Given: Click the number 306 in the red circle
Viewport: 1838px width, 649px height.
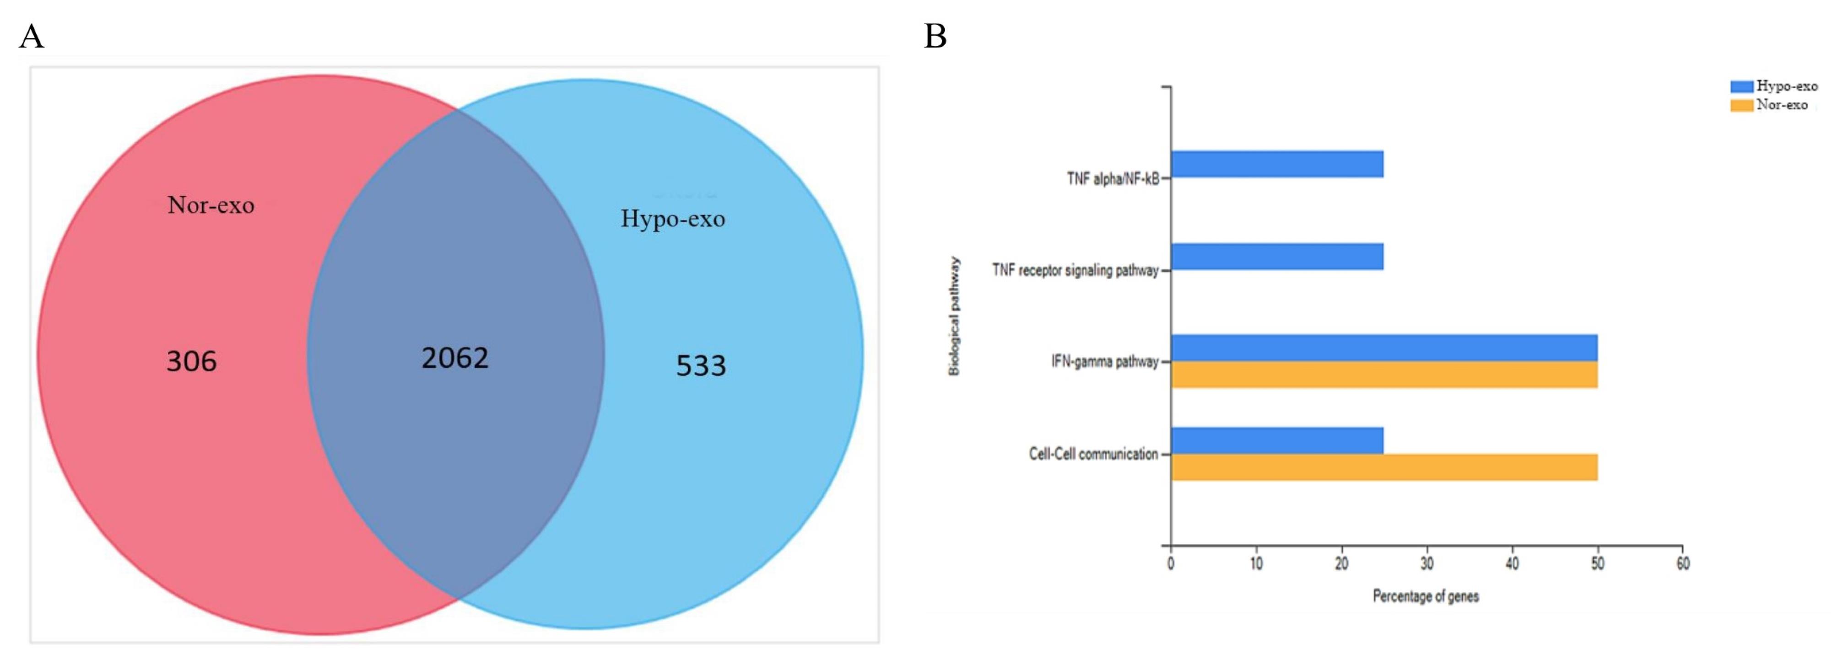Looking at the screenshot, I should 191,362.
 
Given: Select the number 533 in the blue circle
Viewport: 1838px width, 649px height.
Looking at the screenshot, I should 701,366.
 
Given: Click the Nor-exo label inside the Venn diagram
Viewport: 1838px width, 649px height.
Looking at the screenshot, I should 211,205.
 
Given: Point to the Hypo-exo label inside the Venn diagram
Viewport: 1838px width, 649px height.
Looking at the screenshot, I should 672,218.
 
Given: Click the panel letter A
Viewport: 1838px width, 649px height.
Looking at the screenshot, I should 32,37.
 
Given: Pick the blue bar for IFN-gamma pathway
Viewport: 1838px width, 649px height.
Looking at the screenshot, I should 1384,348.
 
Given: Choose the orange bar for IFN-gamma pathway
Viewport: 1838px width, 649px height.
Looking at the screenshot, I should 1384,375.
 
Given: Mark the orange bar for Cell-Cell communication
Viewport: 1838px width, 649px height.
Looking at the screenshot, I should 1384,467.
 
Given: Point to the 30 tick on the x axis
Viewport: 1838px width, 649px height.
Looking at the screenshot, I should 1426,563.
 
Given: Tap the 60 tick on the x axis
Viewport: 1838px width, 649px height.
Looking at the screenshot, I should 1682,563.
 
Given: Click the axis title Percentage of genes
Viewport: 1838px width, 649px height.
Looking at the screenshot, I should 1426,596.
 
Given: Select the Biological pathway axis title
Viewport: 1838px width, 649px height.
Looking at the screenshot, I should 954,316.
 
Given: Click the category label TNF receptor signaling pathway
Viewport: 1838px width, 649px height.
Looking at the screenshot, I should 1075,270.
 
